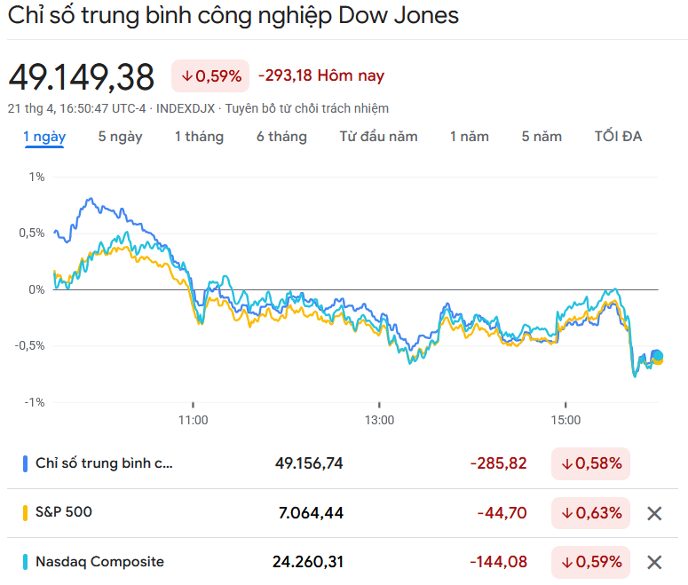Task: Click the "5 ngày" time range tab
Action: (120, 137)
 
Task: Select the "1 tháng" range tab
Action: (199, 137)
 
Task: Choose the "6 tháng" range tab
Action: (281, 137)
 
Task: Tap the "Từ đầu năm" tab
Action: (378, 137)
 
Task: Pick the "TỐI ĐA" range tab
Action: (618, 137)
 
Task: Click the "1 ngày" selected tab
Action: (44, 137)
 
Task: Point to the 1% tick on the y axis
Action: (36, 177)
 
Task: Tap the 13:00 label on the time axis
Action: (379, 419)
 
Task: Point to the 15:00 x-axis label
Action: (565, 419)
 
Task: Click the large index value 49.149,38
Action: (81, 77)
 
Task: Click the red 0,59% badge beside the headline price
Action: (210, 76)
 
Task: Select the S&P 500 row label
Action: (63, 512)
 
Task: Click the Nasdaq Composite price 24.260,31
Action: (307, 562)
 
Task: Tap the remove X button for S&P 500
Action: (654, 513)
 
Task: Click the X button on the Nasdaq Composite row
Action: (654, 562)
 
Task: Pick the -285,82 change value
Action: (498, 463)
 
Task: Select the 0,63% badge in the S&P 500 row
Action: (590, 513)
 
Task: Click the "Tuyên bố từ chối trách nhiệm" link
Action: (307, 108)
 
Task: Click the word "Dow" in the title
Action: (367, 17)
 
